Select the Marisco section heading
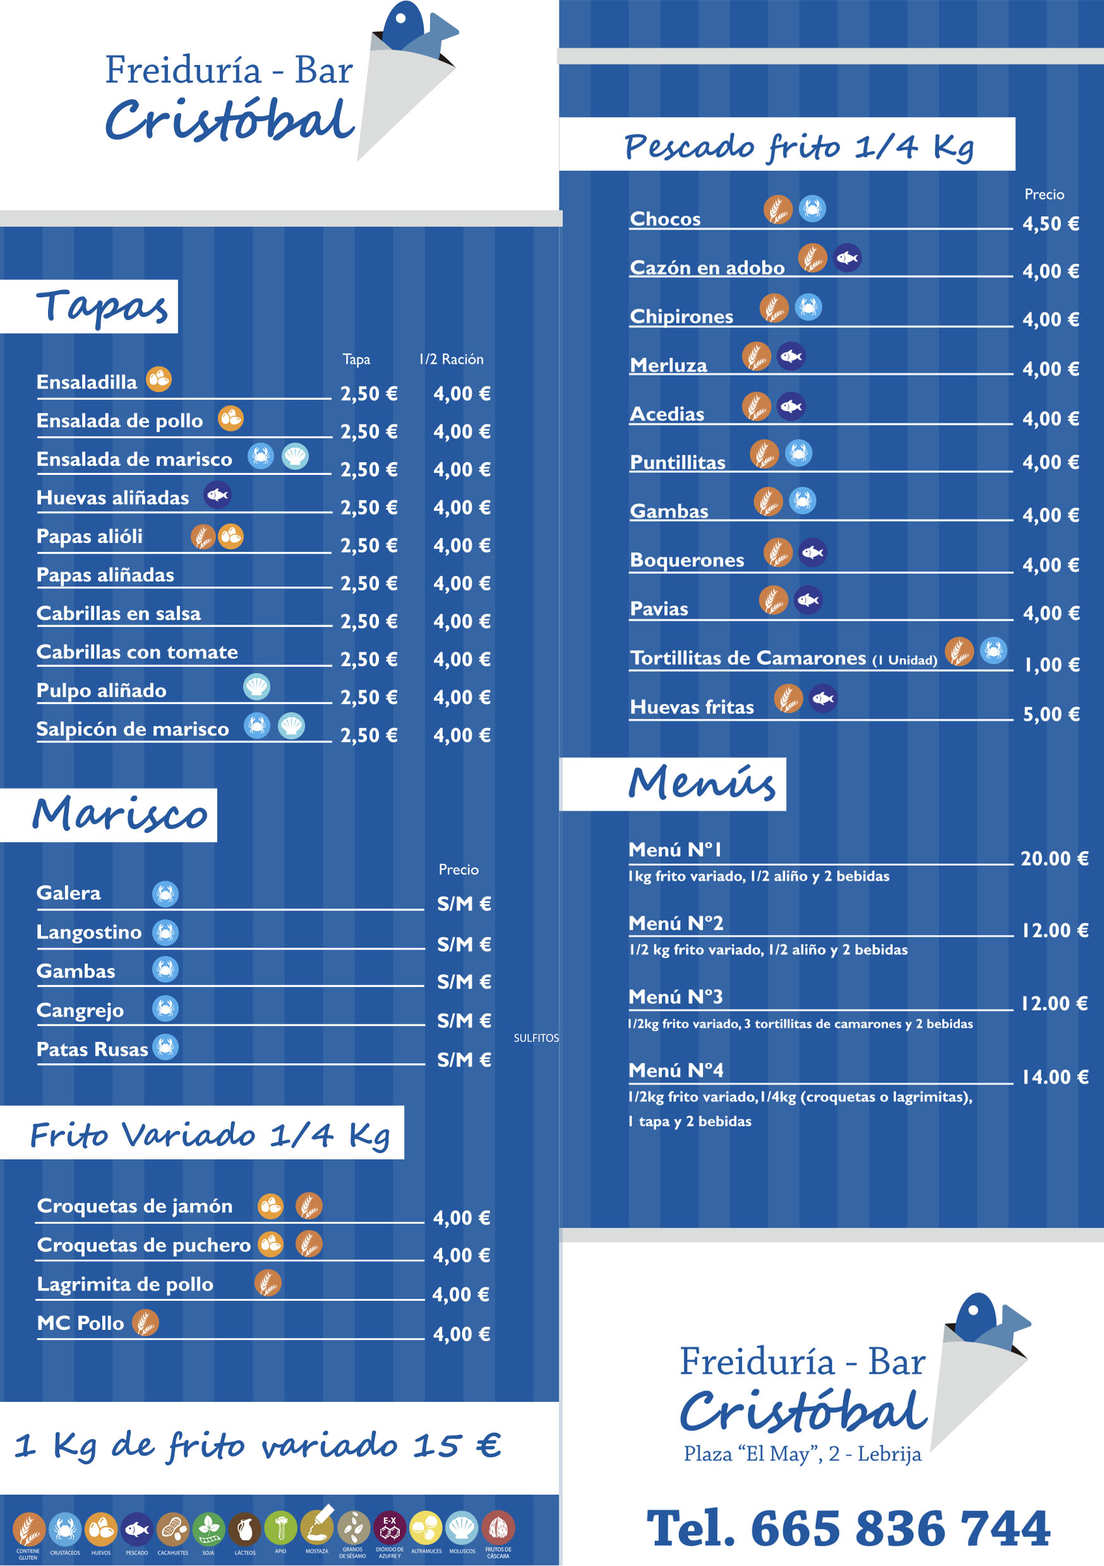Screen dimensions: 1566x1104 pos(119,815)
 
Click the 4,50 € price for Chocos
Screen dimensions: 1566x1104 pos(1050,224)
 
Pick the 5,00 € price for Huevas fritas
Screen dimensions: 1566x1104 pos(1051,714)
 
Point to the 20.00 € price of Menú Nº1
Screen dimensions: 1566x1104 pos(1053,858)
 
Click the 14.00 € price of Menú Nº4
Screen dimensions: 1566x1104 pos(1054,1077)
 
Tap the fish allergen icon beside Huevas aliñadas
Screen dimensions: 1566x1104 pos(218,494)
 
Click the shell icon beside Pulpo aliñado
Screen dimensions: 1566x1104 pos(256,686)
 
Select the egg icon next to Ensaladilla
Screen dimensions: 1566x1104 pos(159,380)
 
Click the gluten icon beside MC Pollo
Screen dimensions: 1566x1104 pos(145,1322)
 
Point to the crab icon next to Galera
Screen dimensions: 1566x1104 pos(165,894)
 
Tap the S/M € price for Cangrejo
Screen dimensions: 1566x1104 pos(464,1020)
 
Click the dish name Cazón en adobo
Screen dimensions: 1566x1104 pos(707,267)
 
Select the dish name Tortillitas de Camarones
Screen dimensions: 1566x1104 pos(748,657)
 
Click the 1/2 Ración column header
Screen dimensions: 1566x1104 pos(451,359)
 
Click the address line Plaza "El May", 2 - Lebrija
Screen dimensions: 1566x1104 pos(802,1454)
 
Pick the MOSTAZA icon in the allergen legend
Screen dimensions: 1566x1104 pos(317,1529)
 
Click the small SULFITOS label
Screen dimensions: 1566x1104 pos(536,1038)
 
